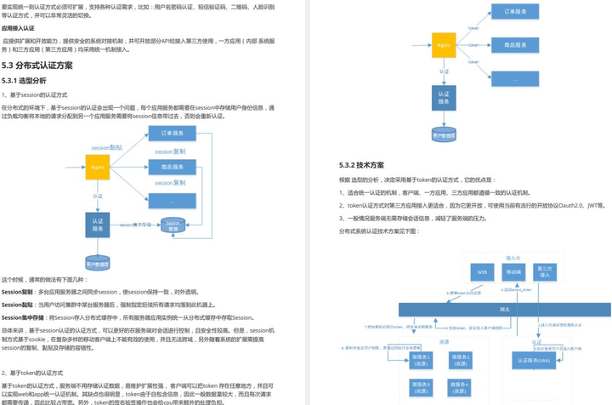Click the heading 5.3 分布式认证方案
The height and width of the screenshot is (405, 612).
(x=37, y=66)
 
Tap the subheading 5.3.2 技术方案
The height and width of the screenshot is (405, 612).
(x=361, y=165)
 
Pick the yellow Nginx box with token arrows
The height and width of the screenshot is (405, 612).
(x=444, y=44)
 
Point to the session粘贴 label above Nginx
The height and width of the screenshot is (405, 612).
(x=106, y=148)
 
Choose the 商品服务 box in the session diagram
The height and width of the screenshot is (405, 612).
(x=172, y=168)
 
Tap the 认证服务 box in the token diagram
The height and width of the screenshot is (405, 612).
(x=443, y=97)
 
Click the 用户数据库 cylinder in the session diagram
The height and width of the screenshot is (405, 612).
(x=98, y=263)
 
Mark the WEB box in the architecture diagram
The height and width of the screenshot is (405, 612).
(x=482, y=272)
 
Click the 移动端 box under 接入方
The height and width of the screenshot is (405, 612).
(x=513, y=272)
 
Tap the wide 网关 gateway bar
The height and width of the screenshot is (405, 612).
(x=505, y=310)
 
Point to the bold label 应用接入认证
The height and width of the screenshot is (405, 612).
(x=24, y=28)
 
